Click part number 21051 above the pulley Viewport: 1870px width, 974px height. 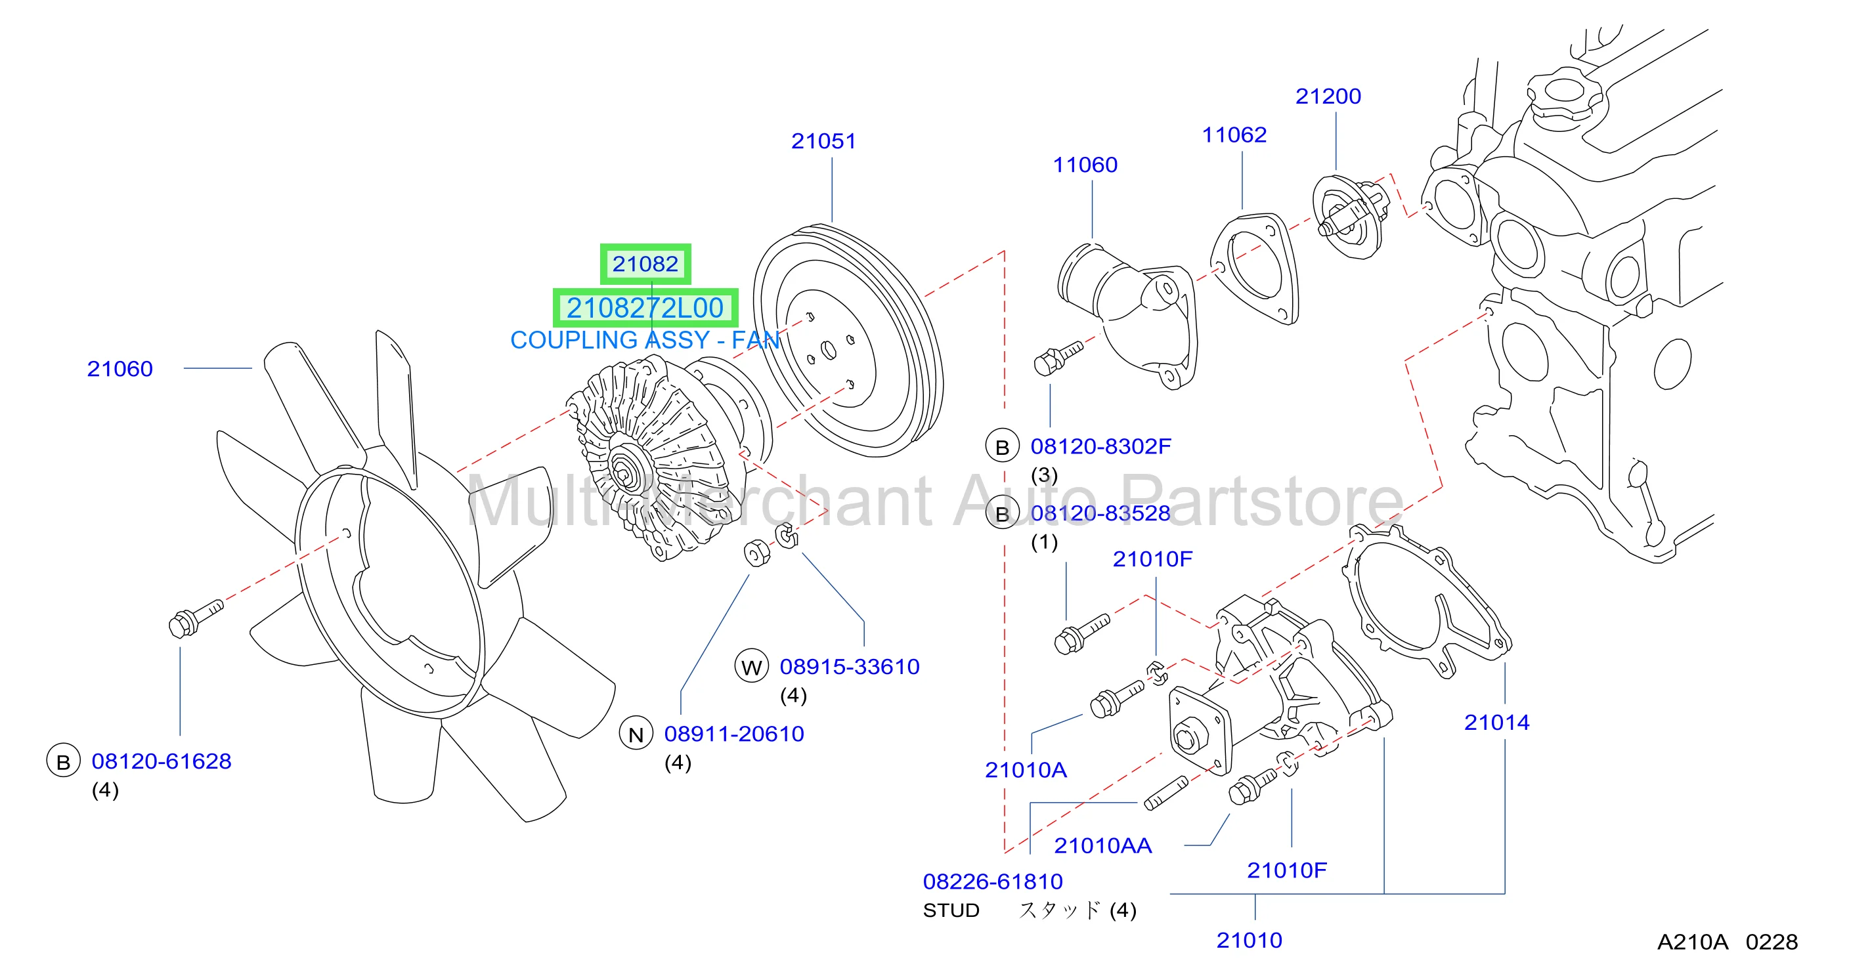(x=823, y=141)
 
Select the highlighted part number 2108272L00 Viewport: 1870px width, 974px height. (x=645, y=308)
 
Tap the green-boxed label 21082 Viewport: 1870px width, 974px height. (x=645, y=263)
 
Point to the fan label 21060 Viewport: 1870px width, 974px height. (x=120, y=369)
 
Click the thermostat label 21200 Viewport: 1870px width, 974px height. (x=1328, y=96)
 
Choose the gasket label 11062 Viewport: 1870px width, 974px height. (x=1234, y=135)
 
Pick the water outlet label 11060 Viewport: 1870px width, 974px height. (x=1085, y=165)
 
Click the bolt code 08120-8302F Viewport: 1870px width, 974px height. (x=1100, y=446)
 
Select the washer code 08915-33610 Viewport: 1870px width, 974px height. (x=850, y=666)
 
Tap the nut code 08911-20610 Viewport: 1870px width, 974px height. (x=734, y=734)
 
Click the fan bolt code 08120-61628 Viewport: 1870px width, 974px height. (x=161, y=761)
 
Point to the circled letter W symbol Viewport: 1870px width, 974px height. (x=751, y=666)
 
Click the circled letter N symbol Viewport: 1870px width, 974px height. (x=636, y=734)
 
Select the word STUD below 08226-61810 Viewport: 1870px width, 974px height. (x=951, y=910)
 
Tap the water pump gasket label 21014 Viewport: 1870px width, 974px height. (x=1496, y=722)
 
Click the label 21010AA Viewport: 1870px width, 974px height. (x=1102, y=845)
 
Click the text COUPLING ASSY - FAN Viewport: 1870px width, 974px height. (x=645, y=340)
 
